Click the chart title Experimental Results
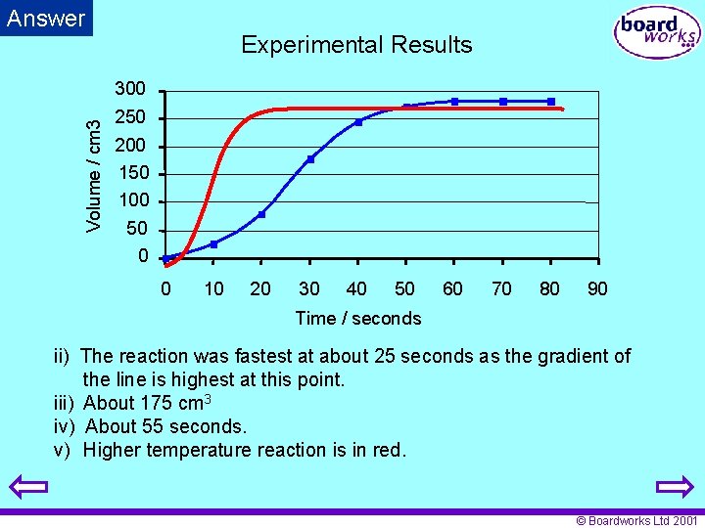356,45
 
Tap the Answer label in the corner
46,18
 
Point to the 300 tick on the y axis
130,90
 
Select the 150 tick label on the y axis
133,173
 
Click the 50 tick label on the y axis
136,229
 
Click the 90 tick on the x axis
596,288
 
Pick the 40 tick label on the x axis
357,288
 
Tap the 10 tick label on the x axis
213,288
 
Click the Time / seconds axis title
357,318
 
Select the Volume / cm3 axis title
94,176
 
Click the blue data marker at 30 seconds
310,159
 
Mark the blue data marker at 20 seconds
261,214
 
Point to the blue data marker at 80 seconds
551,102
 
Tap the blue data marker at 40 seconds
358,122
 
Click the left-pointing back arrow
31,488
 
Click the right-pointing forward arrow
673,488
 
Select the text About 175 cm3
148,403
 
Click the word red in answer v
387,450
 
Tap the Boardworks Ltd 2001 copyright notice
637,521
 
